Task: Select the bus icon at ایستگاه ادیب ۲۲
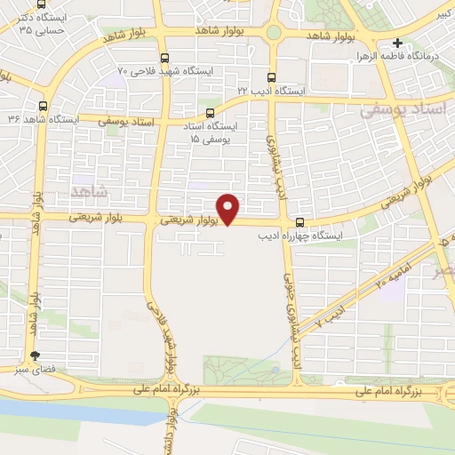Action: point(271,77)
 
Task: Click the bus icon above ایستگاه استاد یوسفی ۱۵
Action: point(211,113)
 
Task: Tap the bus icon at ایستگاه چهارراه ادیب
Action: point(299,222)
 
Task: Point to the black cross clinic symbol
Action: point(397,43)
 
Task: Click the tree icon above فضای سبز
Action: point(35,355)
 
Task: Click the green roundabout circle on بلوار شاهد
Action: point(273,34)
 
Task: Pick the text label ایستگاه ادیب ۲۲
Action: point(270,91)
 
